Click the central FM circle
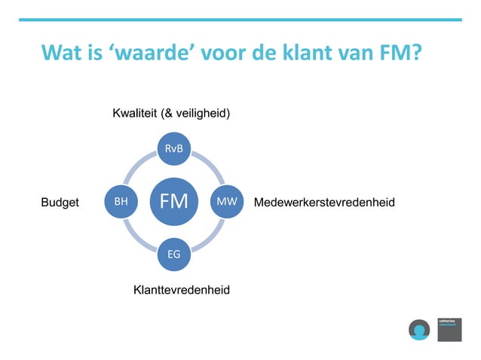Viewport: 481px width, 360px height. tap(174, 202)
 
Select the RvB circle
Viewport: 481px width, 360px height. tap(174, 148)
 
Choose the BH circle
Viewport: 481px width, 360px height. tap(121, 202)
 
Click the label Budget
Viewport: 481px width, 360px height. tap(60, 203)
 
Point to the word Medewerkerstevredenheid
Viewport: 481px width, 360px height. tap(325, 203)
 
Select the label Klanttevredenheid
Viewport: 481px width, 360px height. tap(181, 290)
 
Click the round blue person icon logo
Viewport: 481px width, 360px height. tap(418, 329)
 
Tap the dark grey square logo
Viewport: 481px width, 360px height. tap(449, 329)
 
